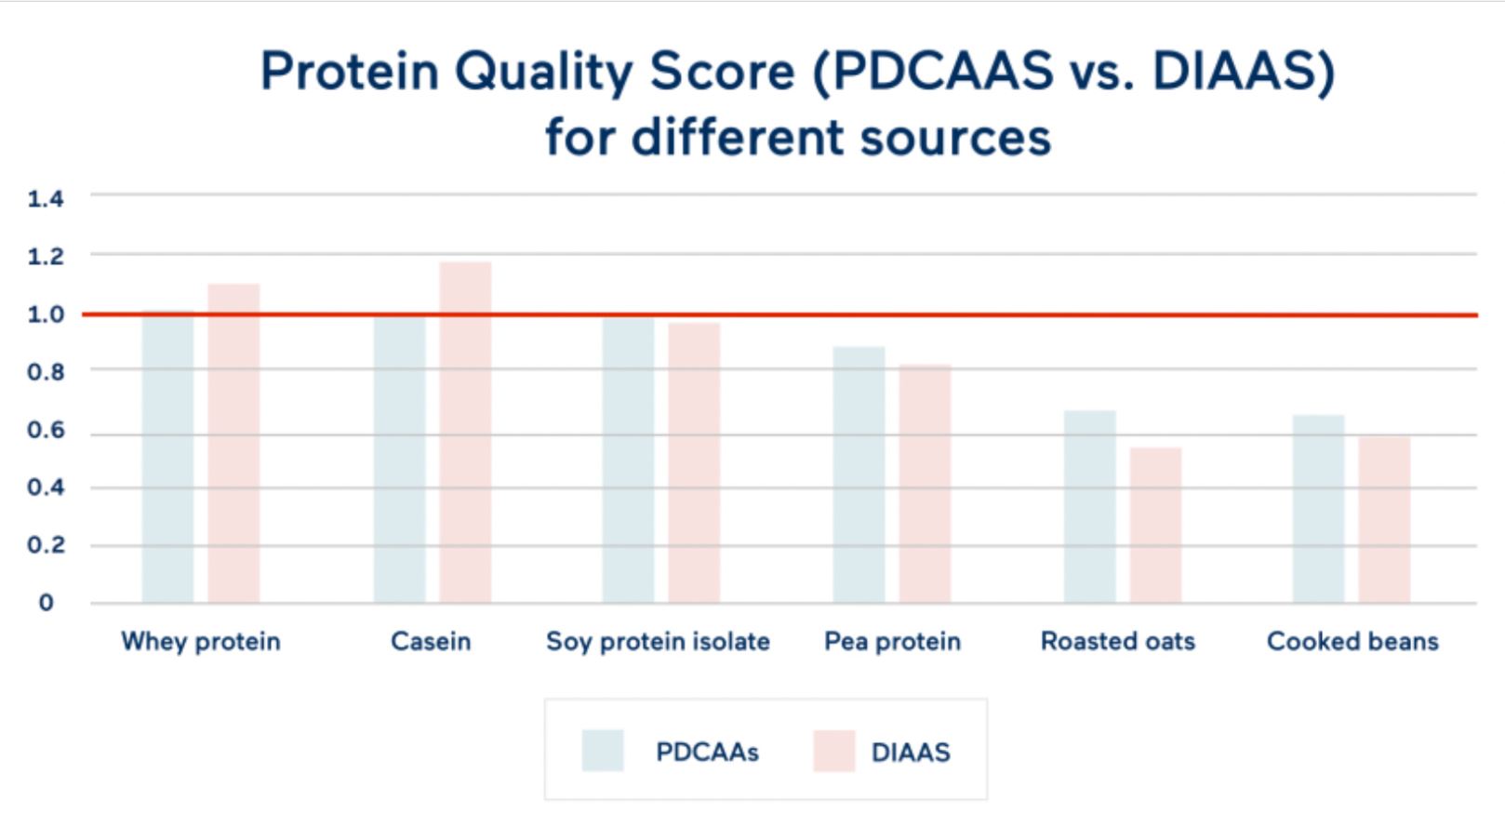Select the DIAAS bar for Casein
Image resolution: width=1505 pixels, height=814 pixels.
point(465,433)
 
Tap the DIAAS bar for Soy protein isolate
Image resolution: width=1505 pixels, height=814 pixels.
point(694,463)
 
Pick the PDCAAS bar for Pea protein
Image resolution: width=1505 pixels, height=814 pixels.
point(859,475)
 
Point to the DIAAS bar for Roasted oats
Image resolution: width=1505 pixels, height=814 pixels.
point(1155,526)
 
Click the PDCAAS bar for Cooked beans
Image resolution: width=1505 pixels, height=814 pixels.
point(1318,509)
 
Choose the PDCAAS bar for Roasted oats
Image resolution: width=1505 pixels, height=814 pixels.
point(1089,507)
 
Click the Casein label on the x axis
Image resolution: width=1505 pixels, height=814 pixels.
point(431,641)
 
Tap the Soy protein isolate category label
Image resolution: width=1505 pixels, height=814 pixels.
point(658,641)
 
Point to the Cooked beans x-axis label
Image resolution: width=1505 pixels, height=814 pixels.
point(1352,641)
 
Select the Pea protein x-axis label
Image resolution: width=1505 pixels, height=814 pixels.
point(892,641)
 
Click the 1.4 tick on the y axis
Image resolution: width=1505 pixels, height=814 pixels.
point(46,198)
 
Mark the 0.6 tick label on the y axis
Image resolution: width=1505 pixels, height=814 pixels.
point(46,430)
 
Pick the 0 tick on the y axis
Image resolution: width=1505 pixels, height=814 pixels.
point(46,603)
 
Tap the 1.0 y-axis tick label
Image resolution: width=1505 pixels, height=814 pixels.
point(46,314)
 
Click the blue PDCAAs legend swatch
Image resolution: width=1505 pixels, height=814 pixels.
point(602,751)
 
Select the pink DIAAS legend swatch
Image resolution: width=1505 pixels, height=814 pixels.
point(833,751)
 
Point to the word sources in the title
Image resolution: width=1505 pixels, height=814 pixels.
point(955,138)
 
